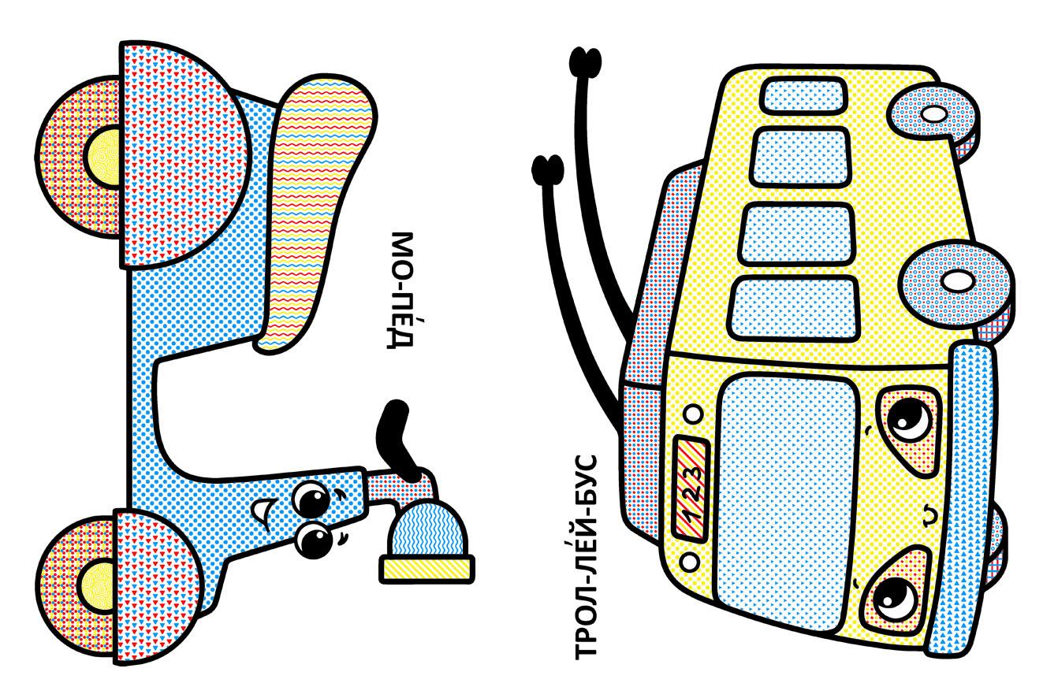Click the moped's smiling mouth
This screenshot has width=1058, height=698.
261,511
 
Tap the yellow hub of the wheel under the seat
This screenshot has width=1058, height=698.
103,157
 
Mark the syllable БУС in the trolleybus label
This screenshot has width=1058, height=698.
586,481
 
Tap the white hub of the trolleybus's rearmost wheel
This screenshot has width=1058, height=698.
935,114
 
